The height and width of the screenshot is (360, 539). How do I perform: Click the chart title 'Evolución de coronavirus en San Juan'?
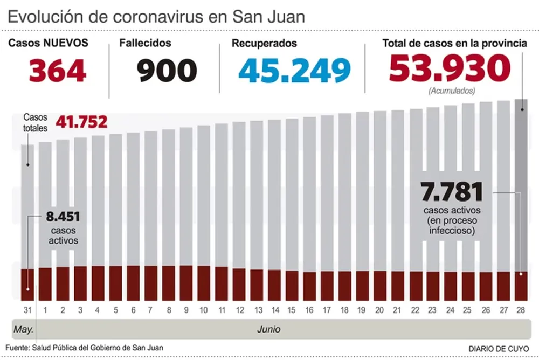(x=156, y=16)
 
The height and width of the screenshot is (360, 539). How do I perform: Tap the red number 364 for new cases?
(x=57, y=71)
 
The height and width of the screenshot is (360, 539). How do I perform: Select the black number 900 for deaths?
(x=167, y=71)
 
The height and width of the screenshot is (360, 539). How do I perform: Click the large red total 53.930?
(x=450, y=68)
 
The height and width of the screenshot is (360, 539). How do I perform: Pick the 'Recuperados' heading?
(x=264, y=44)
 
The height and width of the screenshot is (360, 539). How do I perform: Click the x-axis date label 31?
(x=27, y=310)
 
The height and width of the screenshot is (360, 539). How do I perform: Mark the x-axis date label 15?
(x=292, y=310)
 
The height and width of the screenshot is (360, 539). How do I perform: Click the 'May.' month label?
(x=23, y=328)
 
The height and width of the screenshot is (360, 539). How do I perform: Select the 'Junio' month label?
(x=268, y=328)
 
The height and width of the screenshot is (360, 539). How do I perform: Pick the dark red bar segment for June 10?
(x=204, y=283)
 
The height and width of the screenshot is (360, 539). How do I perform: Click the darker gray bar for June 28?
(x=521, y=183)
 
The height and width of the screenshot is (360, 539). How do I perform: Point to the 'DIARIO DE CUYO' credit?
(x=498, y=349)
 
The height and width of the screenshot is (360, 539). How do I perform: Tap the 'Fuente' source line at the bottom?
(x=85, y=348)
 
